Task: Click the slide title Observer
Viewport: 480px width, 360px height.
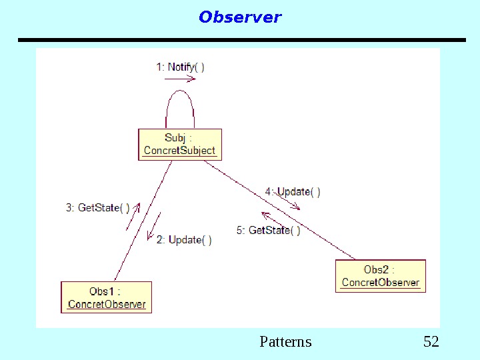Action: tap(240, 17)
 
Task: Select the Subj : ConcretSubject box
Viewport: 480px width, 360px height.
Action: tap(180, 145)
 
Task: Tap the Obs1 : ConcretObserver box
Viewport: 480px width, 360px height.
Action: tap(107, 297)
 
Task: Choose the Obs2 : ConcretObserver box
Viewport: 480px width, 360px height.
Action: tap(380, 276)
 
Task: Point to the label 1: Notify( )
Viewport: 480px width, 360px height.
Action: tap(180, 67)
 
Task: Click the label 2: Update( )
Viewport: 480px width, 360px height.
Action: tap(184, 240)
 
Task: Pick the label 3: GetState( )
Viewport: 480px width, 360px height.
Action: tap(97, 207)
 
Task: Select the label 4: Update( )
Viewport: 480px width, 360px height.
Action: tap(293, 192)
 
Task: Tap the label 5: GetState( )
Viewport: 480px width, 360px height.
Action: tap(268, 231)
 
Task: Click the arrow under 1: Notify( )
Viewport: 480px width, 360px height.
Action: tap(180, 79)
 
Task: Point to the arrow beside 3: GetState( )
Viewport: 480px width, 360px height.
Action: tap(133, 216)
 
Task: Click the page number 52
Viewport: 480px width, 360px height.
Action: tap(431, 342)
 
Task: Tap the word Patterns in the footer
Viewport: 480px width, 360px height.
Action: tap(285, 342)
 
